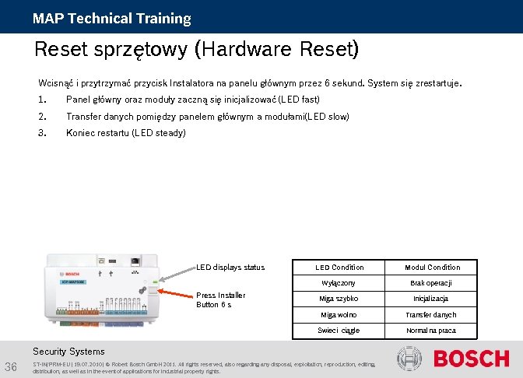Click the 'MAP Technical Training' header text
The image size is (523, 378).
pyautogui.click(x=111, y=18)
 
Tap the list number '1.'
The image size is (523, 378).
pyautogui.click(x=42, y=100)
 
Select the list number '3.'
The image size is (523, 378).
pyautogui.click(x=42, y=133)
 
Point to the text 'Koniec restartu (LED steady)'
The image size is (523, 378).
pyautogui.click(x=126, y=133)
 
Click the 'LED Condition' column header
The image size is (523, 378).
pyautogui.click(x=339, y=268)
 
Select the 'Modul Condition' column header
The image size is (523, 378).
pyautogui.click(x=432, y=268)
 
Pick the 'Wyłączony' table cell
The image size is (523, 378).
pyautogui.click(x=339, y=284)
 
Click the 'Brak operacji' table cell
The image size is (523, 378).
pyautogui.click(x=432, y=284)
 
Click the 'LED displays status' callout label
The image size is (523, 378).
pyautogui.click(x=230, y=268)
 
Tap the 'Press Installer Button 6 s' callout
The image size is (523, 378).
pyautogui.click(x=221, y=299)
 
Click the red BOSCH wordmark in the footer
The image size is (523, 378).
pyautogui.click(x=470, y=359)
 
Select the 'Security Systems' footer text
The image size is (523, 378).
pyautogui.click(x=68, y=352)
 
